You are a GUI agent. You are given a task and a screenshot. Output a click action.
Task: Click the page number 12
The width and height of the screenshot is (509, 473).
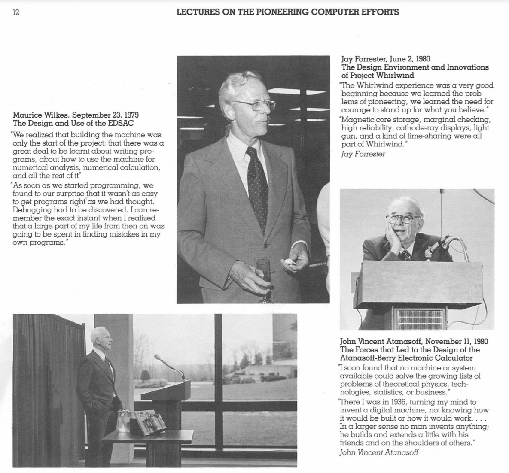click(x=16, y=12)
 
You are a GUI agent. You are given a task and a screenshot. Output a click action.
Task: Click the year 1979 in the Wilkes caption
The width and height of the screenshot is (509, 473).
click(x=129, y=115)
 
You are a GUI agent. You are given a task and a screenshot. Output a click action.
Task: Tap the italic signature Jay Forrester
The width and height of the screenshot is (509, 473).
click(x=363, y=154)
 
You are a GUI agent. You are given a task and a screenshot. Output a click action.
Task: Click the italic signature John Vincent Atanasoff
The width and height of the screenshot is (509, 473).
click(x=378, y=452)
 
